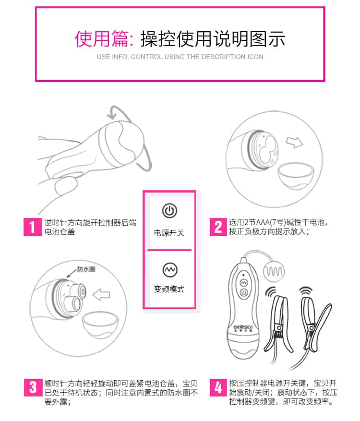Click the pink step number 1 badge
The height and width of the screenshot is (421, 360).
click(x=33, y=227)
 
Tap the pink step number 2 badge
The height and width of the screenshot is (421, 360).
click(x=218, y=227)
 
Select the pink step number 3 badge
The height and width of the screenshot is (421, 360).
click(x=33, y=387)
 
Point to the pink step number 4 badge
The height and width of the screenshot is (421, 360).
click(x=218, y=387)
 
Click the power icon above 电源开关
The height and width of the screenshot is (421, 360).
click(x=169, y=210)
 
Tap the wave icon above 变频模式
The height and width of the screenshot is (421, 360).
click(x=169, y=270)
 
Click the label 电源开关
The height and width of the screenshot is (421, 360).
click(x=169, y=233)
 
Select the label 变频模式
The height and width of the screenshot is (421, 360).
click(x=169, y=289)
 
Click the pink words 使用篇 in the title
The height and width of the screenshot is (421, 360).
click(x=101, y=39)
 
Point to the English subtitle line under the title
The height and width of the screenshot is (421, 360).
click(x=180, y=57)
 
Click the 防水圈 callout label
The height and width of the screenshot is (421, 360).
click(x=86, y=269)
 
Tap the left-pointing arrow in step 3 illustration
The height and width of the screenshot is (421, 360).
click(x=101, y=295)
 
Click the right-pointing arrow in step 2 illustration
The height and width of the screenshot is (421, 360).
click(x=294, y=142)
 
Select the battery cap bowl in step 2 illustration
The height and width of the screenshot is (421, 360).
click(x=295, y=176)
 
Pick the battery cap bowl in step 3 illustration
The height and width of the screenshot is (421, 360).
click(x=100, y=325)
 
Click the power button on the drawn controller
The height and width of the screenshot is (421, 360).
click(x=243, y=292)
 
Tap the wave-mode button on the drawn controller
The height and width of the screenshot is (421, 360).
click(x=243, y=283)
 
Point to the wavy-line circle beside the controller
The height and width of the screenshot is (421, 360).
click(x=274, y=272)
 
